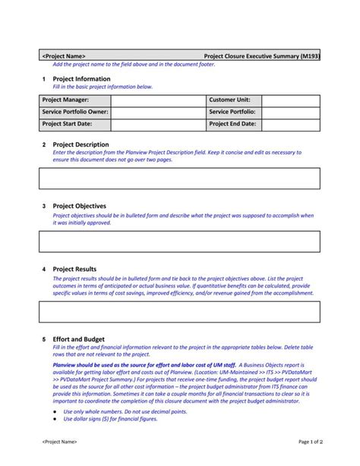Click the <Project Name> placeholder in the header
point(64,56)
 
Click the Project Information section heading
point(81,79)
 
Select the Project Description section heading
point(81,144)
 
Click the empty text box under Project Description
point(179,178)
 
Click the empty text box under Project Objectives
point(179,241)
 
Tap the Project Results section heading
point(74,269)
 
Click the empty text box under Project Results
point(179,311)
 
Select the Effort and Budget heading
point(78,339)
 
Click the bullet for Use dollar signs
point(55,418)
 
